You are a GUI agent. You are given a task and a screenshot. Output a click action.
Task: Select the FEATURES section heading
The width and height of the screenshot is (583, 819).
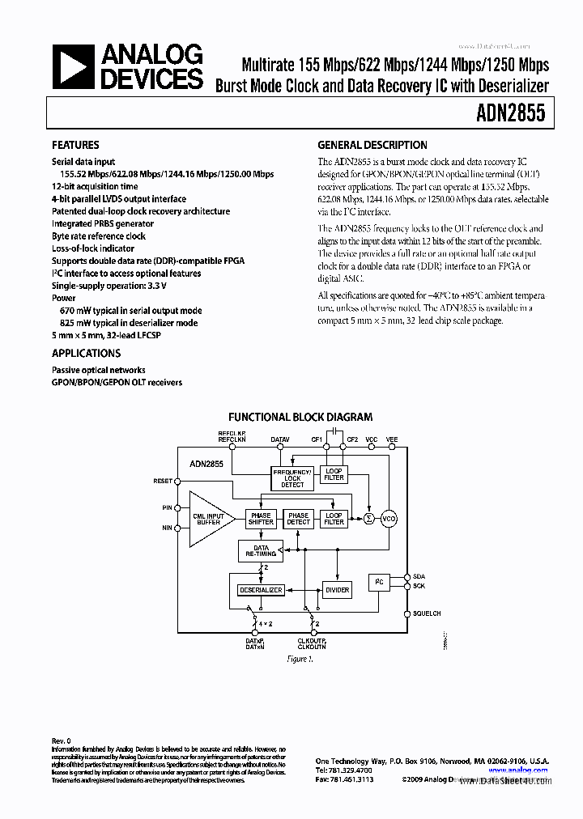75,146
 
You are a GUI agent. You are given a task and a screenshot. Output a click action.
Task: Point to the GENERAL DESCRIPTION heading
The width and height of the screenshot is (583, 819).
372,146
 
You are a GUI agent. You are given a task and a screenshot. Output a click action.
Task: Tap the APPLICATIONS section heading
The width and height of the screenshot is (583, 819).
86,354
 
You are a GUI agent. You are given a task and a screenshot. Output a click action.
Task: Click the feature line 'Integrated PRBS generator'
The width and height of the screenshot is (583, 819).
103,223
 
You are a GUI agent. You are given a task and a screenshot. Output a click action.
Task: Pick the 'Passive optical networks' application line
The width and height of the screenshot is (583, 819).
99,370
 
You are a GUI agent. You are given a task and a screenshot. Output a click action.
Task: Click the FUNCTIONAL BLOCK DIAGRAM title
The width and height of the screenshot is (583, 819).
300,418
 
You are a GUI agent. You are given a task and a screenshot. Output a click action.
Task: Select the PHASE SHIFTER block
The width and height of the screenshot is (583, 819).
261,519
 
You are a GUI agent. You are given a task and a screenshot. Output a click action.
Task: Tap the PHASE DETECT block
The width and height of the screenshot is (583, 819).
298,519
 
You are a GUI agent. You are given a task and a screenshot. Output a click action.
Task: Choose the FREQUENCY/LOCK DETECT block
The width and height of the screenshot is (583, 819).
292,478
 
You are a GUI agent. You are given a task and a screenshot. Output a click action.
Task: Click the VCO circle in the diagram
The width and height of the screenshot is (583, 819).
389,519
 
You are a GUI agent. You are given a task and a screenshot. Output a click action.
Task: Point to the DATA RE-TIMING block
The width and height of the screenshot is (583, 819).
261,551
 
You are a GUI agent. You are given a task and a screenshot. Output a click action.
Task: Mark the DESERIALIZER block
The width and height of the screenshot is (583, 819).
261,590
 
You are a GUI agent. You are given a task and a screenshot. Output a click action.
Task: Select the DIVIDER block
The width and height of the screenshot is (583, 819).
337,590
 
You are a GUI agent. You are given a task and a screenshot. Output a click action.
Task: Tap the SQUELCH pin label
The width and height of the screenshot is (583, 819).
426,613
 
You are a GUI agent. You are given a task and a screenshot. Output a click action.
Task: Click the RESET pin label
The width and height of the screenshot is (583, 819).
163,481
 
